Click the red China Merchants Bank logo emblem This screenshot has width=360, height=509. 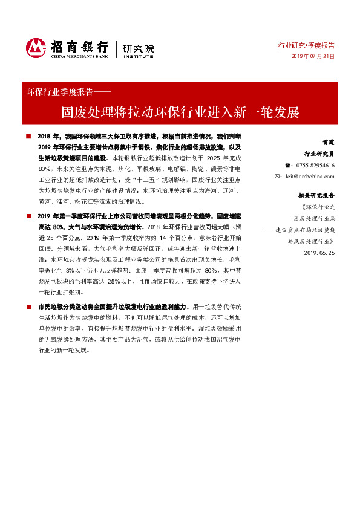tap(36, 47)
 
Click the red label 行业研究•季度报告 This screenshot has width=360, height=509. tap(306, 45)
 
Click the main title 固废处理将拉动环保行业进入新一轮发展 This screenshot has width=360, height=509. tap(180, 113)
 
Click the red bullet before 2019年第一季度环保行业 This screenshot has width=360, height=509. tap(28, 216)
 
